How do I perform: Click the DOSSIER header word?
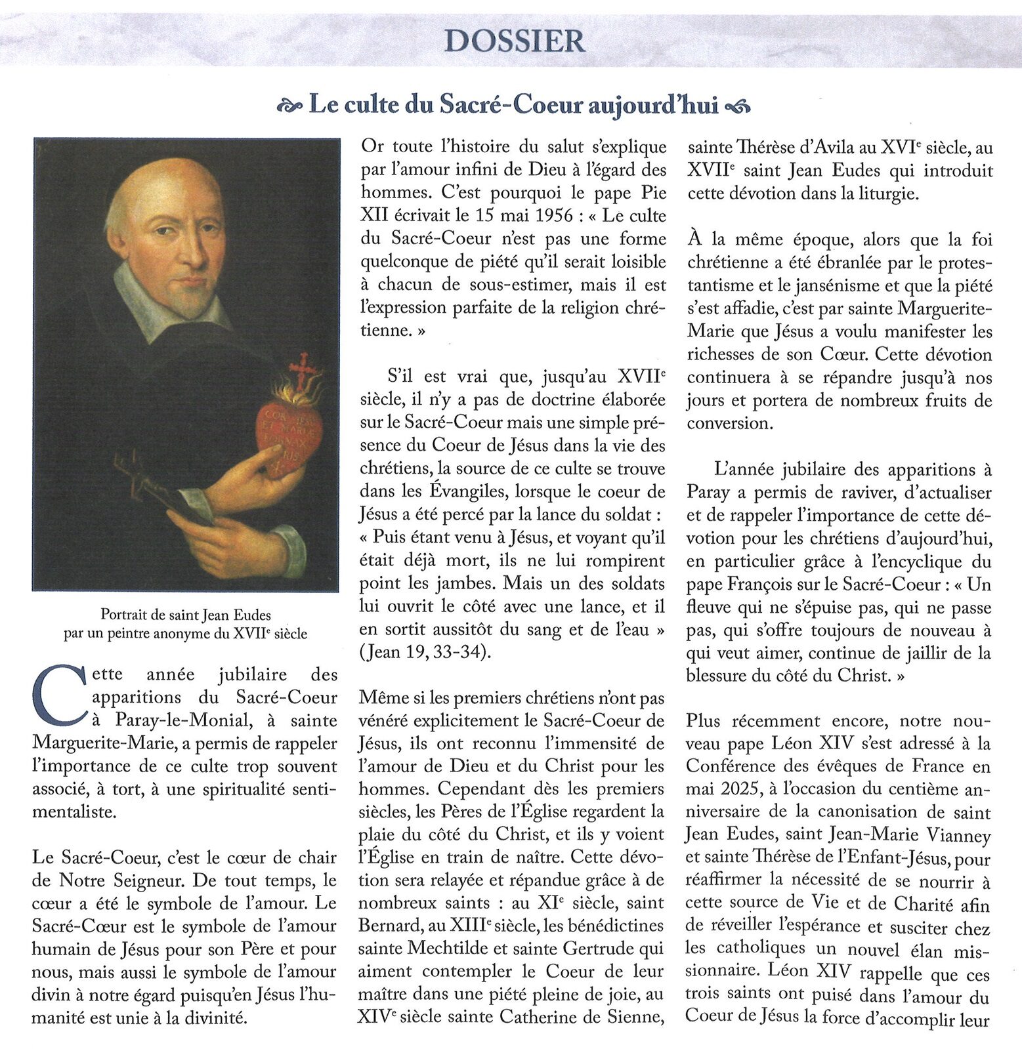coord(514,41)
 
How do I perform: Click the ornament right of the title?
coord(739,105)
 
